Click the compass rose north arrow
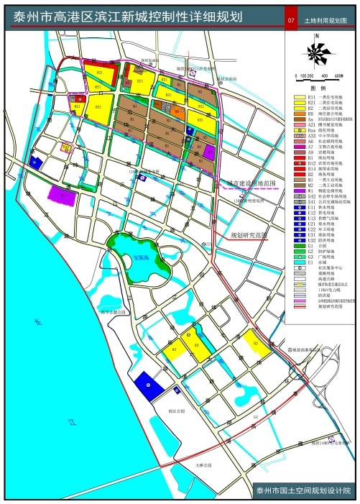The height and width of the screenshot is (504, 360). tap(315, 52)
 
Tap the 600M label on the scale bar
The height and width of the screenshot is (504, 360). tap(340, 75)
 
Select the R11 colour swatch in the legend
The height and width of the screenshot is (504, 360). tap(298, 97)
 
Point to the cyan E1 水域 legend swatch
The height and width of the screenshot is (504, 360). tap(298, 257)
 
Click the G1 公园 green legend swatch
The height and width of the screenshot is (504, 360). tap(298, 241)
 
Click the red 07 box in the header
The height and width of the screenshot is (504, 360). tap(290, 22)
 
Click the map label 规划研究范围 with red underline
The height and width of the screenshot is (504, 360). tap(248, 235)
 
